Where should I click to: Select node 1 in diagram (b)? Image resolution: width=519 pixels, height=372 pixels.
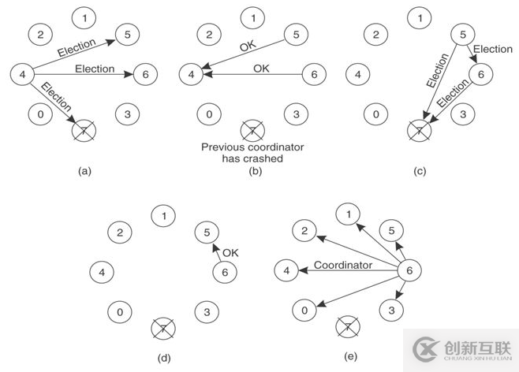pos(252,16)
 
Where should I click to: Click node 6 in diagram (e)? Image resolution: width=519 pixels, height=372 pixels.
pos(409,271)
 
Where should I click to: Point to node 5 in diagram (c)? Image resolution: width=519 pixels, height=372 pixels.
pos(463,35)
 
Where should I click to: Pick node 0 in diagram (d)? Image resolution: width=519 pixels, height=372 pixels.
pos(120,313)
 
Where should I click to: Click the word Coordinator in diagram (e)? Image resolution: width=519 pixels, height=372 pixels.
pos(342,266)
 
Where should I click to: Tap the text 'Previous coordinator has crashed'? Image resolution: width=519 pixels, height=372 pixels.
pos(252,152)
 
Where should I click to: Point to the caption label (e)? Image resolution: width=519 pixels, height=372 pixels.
pos(351,356)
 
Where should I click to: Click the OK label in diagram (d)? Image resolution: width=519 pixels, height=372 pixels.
pos(230,253)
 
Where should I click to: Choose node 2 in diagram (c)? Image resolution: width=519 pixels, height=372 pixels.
pos(376,35)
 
